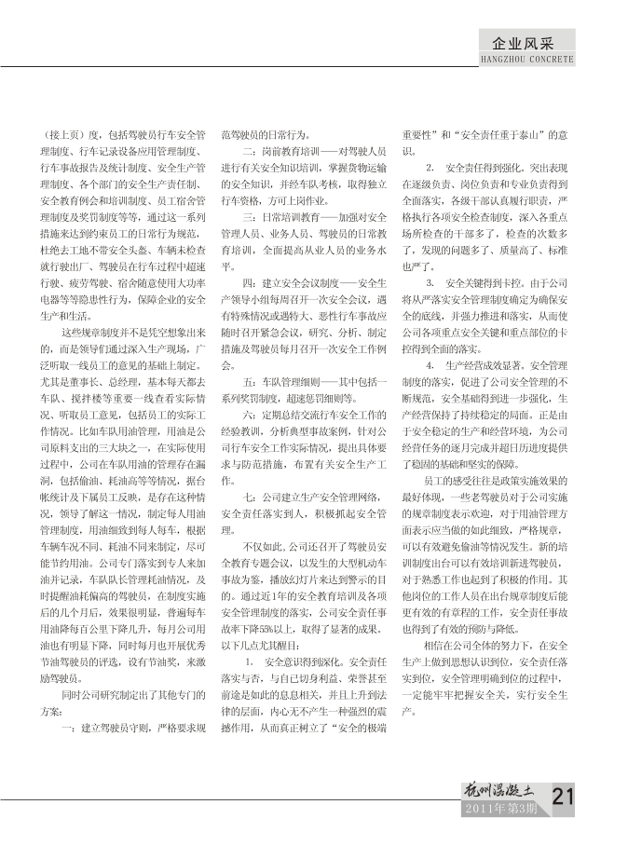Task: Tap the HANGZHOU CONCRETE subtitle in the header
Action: [526, 59]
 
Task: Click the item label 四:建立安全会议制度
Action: [289, 281]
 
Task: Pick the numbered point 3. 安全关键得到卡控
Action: [475, 281]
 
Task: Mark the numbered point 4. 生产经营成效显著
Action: [475, 364]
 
